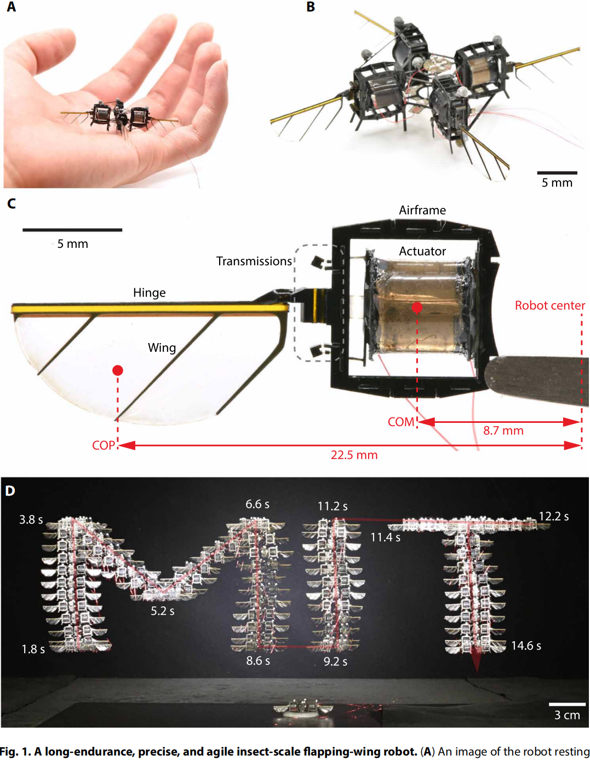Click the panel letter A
pyautogui.click(x=11, y=8)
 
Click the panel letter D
pyautogui.click(x=10, y=491)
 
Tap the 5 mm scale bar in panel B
pyautogui.click(x=557, y=173)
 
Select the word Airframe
pyautogui.click(x=422, y=211)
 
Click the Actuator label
pyautogui.click(x=422, y=251)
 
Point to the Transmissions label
pyautogui.click(x=254, y=262)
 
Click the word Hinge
pyautogui.click(x=149, y=293)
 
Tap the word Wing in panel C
pyautogui.click(x=162, y=348)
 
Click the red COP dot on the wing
pyautogui.click(x=117, y=370)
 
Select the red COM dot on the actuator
pyautogui.click(x=417, y=307)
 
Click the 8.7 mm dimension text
pyautogui.click(x=503, y=431)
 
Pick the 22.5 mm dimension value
pyautogui.click(x=354, y=455)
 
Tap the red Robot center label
pyautogui.click(x=549, y=306)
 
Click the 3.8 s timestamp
pyautogui.click(x=31, y=520)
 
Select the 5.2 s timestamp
pyautogui.click(x=162, y=611)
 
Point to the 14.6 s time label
pyautogui.click(x=526, y=646)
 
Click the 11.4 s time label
pyautogui.click(x=385, y=538)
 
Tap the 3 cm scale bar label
pyautogui.click(x=567, y=715)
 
